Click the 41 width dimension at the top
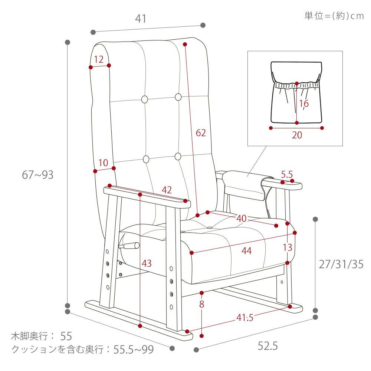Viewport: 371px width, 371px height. click(x=141, y=19)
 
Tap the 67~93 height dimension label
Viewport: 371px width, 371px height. click(x=37, y=175)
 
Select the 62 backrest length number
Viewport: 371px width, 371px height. click(x=201, y=133)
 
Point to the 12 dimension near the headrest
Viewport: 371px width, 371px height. click(x=99, y=59)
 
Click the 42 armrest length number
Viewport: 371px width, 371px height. click(x=167, y=190)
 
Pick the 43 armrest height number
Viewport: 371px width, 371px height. click(x=147, y=263)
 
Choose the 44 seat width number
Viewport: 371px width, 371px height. click(x=247, y=251)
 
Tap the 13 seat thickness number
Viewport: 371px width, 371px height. click(x=288, y=247)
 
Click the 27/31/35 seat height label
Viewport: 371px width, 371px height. click(x=341, y=264)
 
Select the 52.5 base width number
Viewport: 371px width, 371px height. click(x=267, y=346)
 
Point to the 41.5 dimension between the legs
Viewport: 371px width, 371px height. click(x=245, y=318)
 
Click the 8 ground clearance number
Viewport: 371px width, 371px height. click(x=201, y=304)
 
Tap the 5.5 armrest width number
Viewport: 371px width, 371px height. click(x=287, y=175)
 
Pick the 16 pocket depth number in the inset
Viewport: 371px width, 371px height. click(x=304, y=104)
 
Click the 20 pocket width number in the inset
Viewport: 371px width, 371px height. click(x=297, y=135)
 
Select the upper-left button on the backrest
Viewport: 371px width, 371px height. click(x=145, y=99)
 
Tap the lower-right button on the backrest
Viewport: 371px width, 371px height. click(x=178, y=157)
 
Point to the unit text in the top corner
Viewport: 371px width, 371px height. click(x=334, y=16)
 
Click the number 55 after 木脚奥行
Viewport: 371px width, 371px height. click(x=66, y=336)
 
